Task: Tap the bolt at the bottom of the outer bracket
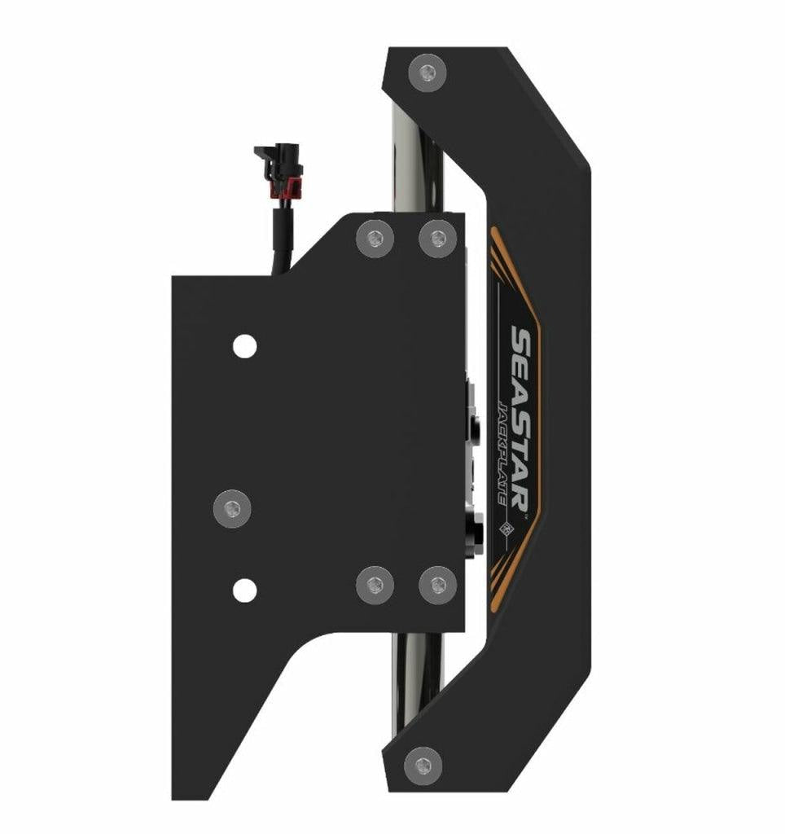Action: (423, 764)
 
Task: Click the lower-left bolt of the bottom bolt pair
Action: (375, 583)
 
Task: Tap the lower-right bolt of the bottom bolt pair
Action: (438, 583)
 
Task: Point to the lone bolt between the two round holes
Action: (232, 509)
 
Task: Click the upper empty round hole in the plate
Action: (244, 346)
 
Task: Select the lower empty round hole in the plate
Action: (244, 590)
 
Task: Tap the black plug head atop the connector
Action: (277, 153)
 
